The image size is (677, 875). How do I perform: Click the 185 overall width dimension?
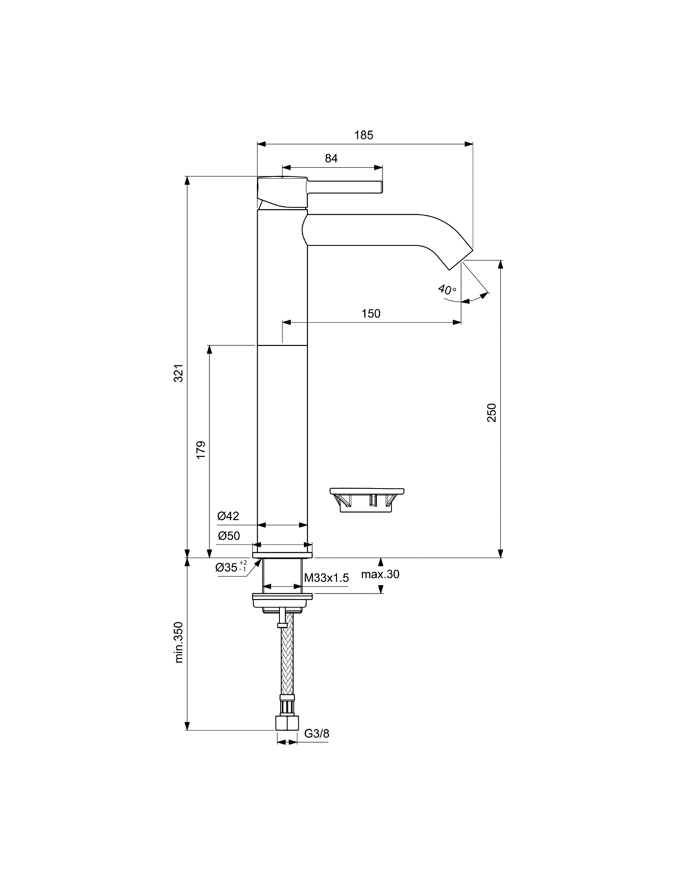(x=364, y=135)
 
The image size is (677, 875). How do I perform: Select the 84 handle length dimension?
(x=330, y=158)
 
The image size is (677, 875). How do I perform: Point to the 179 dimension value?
(x=201, y=450)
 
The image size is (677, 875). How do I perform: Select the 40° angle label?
(x=447, y=289)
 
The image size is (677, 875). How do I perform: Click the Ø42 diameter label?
(x=228, y=516)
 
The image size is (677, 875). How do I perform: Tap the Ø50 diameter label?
(x=228, y=535)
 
